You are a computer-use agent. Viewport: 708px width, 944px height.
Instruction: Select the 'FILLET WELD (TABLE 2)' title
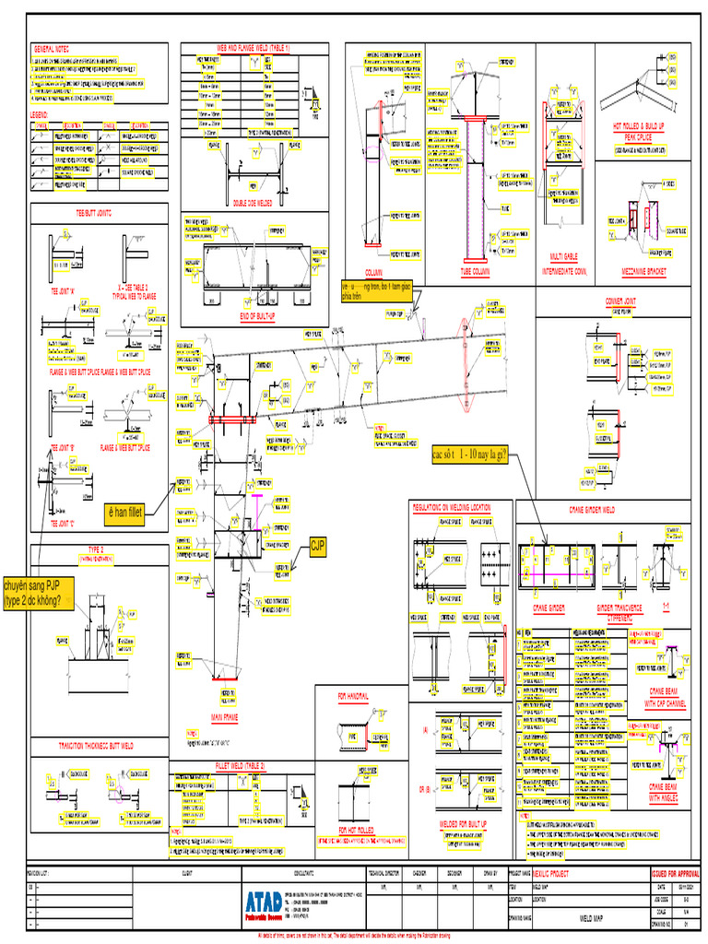239,766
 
